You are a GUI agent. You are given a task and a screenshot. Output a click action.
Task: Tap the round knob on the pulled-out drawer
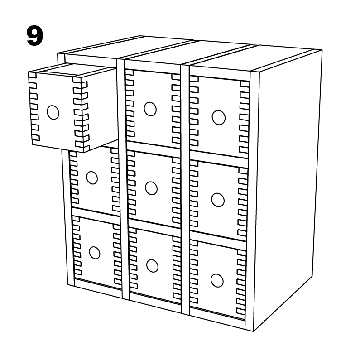click(53, 112)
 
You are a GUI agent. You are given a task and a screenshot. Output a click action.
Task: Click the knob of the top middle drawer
click(150, 109)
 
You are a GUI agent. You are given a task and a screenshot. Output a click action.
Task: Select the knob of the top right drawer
click(218, 117)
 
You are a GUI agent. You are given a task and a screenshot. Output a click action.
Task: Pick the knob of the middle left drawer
click(92, 178)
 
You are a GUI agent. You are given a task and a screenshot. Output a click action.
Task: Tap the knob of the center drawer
click(151, 187)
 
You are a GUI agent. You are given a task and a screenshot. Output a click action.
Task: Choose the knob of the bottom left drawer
click(95, 252)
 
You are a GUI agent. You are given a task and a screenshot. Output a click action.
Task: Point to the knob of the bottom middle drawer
click(152, 265)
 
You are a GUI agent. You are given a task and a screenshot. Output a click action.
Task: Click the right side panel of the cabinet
click(285, 190)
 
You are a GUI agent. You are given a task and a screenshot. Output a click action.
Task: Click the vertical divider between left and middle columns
click(124, 181)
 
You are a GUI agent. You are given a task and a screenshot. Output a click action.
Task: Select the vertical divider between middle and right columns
click(185, 190)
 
